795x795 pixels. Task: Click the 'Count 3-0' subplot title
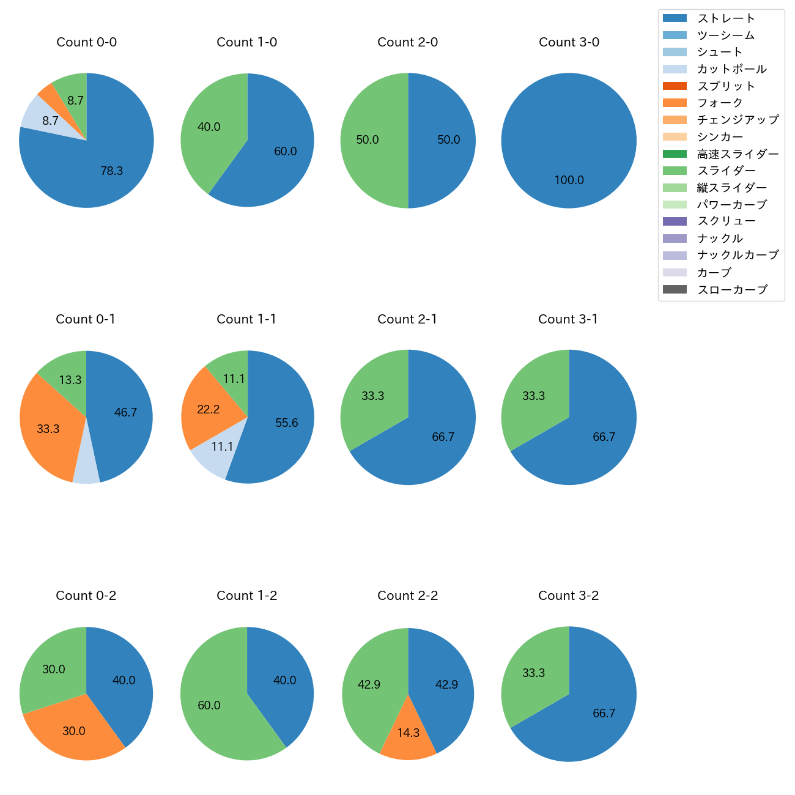pos(569,42)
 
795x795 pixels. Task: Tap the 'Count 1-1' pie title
pos(246,319)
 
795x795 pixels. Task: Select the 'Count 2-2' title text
pos(407,596)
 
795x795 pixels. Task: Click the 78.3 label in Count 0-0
pos(112,171)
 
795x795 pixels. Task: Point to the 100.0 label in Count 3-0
pos(569,180)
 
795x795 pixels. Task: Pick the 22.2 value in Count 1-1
pos(209,410)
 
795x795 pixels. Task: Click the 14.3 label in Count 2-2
pos(408,733)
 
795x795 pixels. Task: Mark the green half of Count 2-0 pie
pos(370,141)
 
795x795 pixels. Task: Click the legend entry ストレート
pos(726,18)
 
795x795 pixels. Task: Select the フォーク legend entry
pos(720,103)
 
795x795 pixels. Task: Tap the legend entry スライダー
pos(726,171)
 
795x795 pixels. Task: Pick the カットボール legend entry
pos(731,69)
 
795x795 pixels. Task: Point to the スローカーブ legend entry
pos(732,290)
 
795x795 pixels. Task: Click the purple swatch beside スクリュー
pos(675,221)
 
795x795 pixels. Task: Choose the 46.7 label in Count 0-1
pos(125,413)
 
